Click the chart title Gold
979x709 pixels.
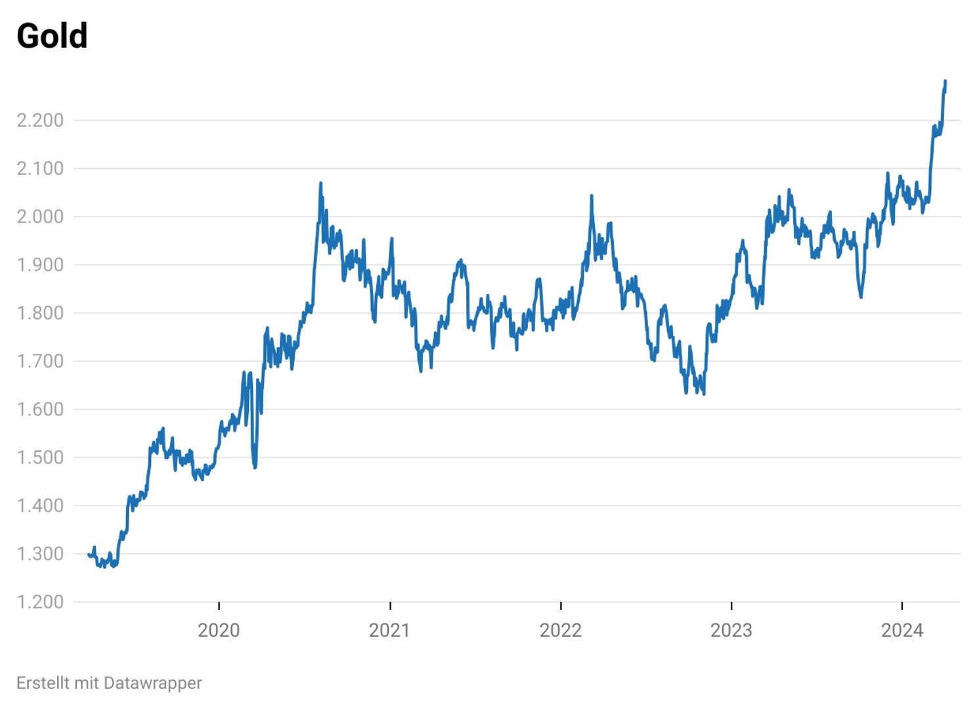coord(52,36)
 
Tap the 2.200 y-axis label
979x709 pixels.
coord(40,120)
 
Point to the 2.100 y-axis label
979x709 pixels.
coord(40,169)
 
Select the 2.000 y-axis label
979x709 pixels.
coord(40,217)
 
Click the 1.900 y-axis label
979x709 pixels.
coord(40,265)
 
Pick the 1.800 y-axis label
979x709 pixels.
coord(40,313)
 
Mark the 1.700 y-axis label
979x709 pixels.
coord(40,361)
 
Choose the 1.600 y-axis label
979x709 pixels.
coord(40,409)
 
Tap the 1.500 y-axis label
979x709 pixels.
coord(40,458)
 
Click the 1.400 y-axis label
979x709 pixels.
coord(40,505)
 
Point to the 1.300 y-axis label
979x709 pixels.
coord(40,553)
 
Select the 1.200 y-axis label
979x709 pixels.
coord(40,602)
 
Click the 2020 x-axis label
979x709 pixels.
coord(219,630)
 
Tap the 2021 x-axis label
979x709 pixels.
coord(389,630)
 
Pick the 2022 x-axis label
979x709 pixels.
coord(561,630)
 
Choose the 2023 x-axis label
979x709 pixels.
coord(731,630)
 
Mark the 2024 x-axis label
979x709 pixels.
coord(902,630)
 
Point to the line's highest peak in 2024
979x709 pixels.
coord(946,81)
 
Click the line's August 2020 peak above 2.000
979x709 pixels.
coord(320,183)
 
